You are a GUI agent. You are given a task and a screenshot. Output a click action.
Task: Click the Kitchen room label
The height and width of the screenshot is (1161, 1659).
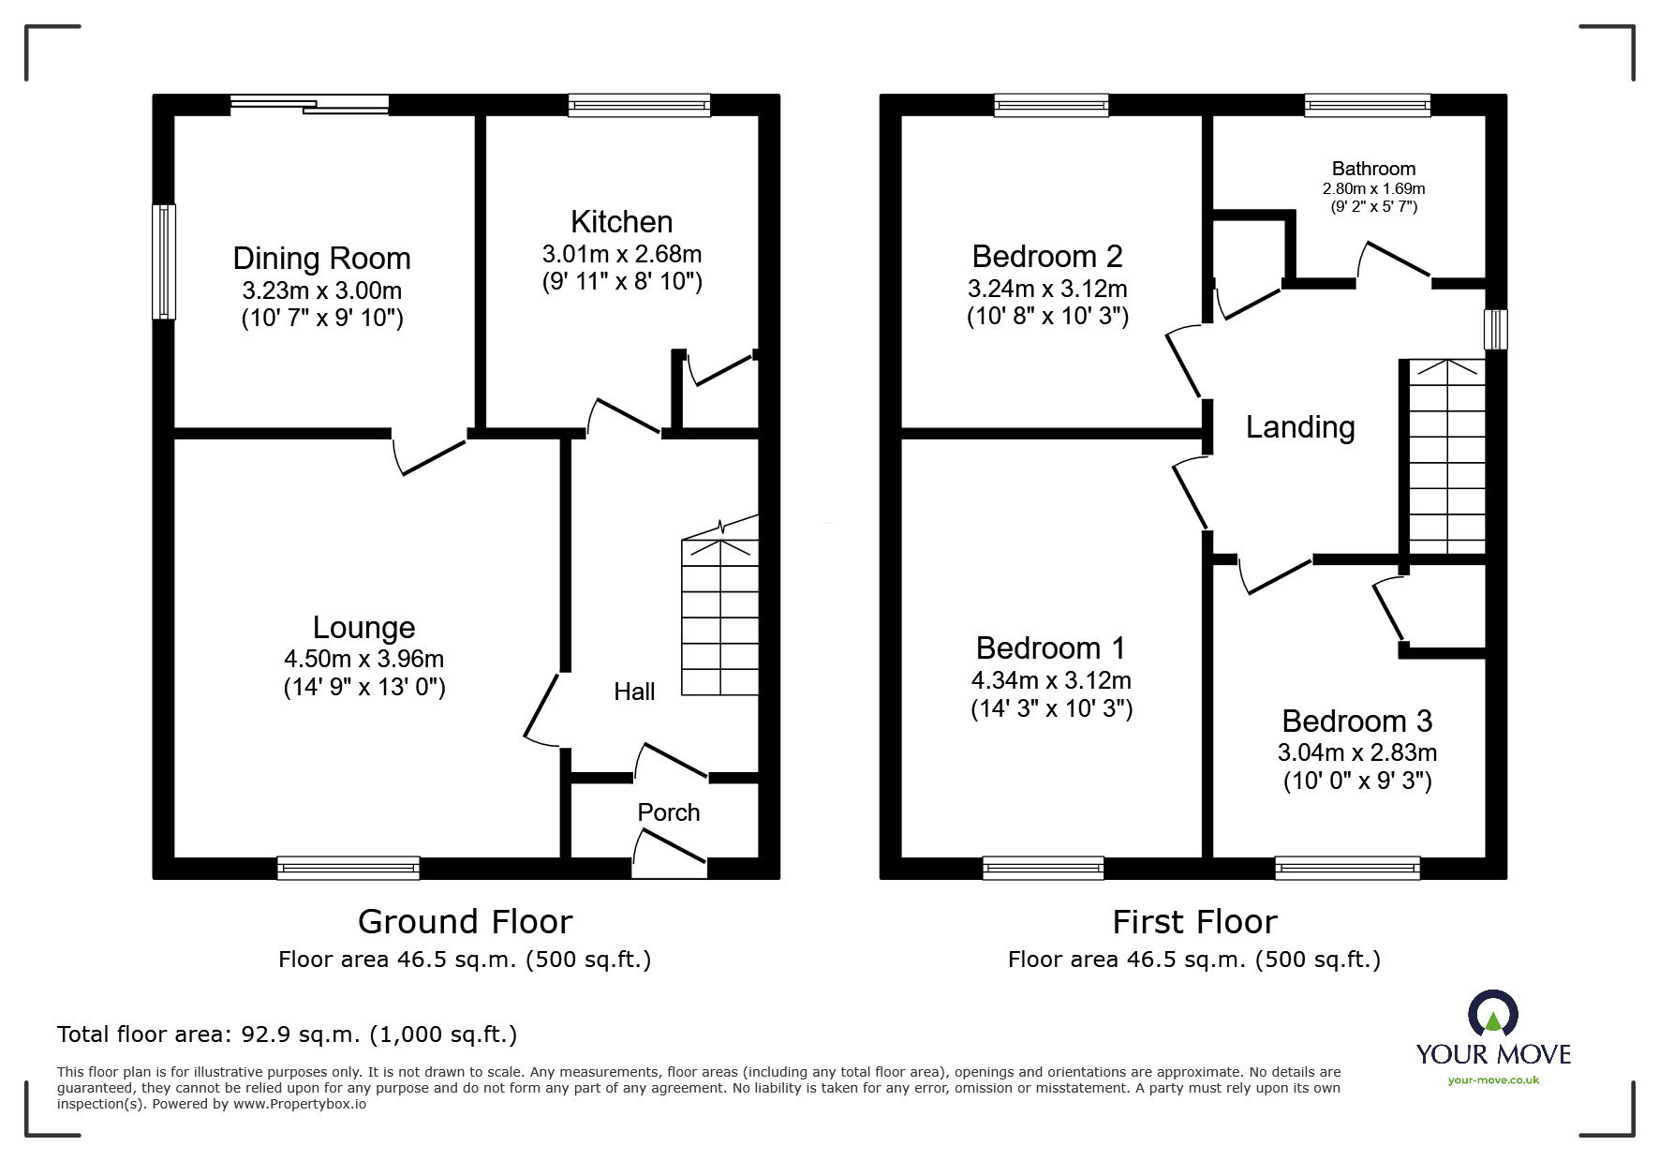coord(622,222)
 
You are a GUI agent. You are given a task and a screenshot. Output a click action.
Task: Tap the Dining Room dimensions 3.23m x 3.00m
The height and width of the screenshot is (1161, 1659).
coord(322,290)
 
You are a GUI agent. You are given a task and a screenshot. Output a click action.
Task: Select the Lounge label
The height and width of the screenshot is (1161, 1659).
coord(364,628)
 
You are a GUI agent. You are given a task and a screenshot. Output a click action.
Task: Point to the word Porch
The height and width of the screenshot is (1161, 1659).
coord(669,812)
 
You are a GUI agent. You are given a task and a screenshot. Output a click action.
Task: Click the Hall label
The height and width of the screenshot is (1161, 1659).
coord(634,692)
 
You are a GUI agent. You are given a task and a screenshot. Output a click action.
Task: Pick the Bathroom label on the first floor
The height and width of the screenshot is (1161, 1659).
coord(1373,169)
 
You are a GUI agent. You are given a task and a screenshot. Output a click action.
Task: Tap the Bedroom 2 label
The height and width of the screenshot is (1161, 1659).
coord(1047,256)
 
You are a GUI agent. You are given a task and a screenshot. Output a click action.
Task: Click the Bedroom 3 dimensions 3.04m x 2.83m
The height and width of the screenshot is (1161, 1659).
coord(1357,752)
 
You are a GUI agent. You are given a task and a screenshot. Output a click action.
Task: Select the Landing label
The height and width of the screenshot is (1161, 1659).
coord(1300,427)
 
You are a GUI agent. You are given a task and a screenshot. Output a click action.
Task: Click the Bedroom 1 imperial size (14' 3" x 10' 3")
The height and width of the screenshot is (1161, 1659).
coord(1052,709)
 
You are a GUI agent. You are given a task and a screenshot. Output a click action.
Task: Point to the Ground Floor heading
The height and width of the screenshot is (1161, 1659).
coord(465,922)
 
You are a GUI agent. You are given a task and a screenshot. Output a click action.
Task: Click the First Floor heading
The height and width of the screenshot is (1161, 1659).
coord(1194,922)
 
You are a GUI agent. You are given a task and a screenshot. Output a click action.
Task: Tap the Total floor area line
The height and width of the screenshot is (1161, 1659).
coord(287,1034)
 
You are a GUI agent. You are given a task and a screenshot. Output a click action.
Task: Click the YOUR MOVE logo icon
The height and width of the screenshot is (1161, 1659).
coord(1493,1014)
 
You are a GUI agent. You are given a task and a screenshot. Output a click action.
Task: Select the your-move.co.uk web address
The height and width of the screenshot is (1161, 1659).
coord(1493,1080)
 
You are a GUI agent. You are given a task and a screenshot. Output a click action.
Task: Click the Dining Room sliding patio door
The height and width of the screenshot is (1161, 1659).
coord(310,104)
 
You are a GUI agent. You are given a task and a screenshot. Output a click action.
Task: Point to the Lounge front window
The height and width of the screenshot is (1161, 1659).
coord(348,869)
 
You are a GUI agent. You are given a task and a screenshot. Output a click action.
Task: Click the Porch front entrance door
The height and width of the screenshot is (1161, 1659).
coord(670,856)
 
